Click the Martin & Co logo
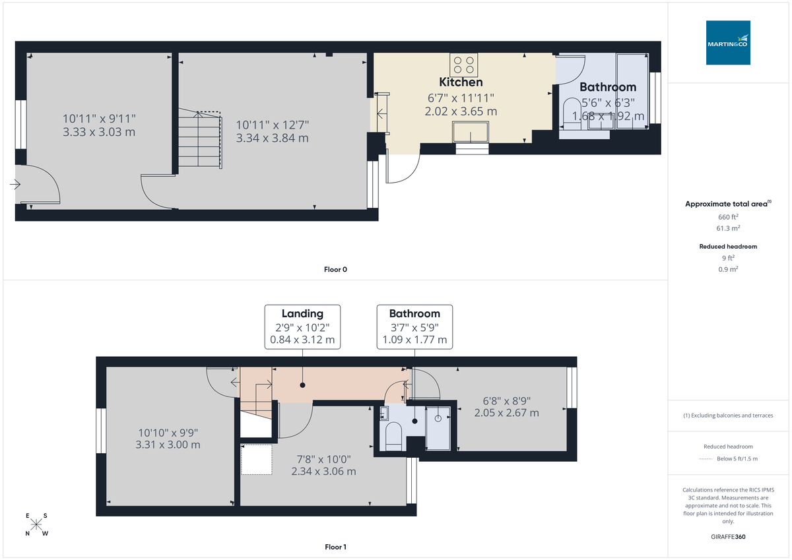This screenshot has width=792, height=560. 728,43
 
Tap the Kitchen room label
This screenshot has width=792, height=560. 461,82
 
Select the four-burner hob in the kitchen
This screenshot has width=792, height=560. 464,65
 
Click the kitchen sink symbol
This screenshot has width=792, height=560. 471,133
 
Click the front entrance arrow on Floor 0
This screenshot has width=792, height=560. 15,185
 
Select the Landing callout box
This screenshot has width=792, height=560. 302,327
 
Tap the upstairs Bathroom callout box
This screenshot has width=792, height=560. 414,327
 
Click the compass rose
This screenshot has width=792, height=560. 37,525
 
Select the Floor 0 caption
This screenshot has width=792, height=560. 335,269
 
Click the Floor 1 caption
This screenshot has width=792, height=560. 335,547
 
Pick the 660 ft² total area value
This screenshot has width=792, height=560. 728,216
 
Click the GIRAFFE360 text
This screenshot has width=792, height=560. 728,537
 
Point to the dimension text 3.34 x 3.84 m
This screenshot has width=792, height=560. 273,139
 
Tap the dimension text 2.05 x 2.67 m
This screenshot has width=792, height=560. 507,413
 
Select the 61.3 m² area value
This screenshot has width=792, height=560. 728,228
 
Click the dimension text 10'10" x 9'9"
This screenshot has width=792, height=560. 168,433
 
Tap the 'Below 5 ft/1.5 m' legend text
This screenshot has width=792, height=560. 737,458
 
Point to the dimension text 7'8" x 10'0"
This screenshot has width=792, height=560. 323,459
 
